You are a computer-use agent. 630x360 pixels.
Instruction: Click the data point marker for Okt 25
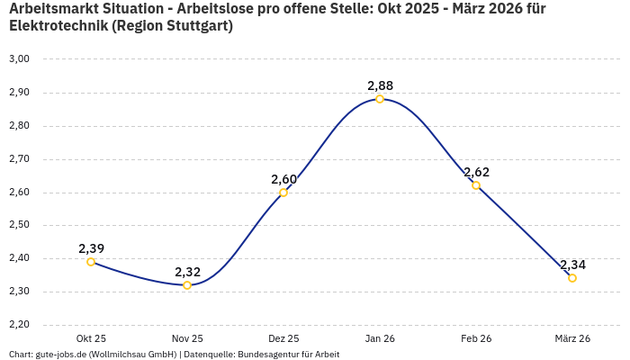[x=91, y=262]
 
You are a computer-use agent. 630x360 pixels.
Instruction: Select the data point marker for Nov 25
[x=187, y=285]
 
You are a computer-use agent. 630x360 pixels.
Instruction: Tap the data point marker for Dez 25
[x=283, y=192]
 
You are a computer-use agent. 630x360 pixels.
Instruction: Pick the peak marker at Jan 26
[x=380, y=99]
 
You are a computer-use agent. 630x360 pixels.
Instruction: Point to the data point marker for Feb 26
[x=476, y=185]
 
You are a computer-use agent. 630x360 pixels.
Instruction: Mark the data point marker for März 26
[x=572, y=278]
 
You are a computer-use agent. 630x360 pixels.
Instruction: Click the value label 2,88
[x=380, y=85]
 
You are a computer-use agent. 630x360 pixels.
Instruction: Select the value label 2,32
[x=187, y=272]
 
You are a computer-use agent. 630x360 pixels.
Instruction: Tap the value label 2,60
[x=283, y=179]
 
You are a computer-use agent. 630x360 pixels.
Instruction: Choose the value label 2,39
[x=91, y=248]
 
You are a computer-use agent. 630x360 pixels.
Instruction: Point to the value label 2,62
[x=476, y=172]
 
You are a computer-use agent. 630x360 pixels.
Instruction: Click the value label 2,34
[x=572, y=265]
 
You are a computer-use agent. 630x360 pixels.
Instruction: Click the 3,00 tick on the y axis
[x=19, y=59]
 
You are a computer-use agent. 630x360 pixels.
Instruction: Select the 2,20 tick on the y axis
[x=19, y=325]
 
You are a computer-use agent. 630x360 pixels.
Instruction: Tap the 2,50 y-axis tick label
[x=19, y=225]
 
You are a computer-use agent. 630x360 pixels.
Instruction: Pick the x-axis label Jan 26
[x=380, y=338]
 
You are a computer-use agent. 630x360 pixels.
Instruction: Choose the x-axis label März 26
[x=572, y=338]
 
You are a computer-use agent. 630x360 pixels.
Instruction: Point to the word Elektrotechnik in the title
[x=58, y=26]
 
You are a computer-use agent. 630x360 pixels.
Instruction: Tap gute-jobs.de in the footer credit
[x=61, y=355]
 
